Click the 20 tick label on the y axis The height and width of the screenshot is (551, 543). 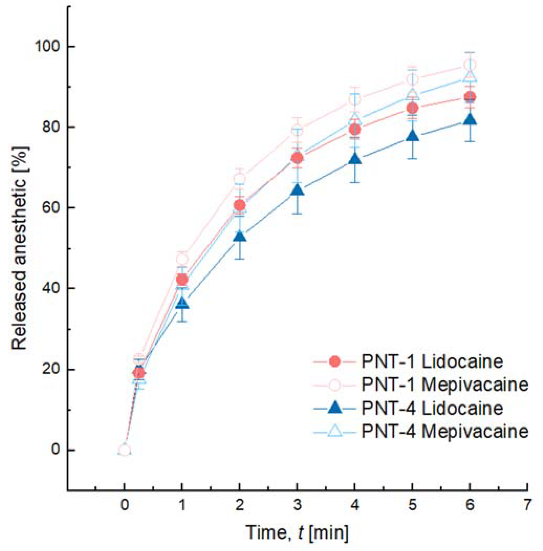point(51,369)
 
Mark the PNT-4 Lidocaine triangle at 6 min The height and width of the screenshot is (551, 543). point(470,119)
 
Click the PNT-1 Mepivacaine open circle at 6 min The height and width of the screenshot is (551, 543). point(470,65)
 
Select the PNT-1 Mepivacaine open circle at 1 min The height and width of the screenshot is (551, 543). point(182,259)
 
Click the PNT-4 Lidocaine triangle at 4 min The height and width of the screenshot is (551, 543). point(355,159)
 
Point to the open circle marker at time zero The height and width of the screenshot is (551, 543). point(124,450)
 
